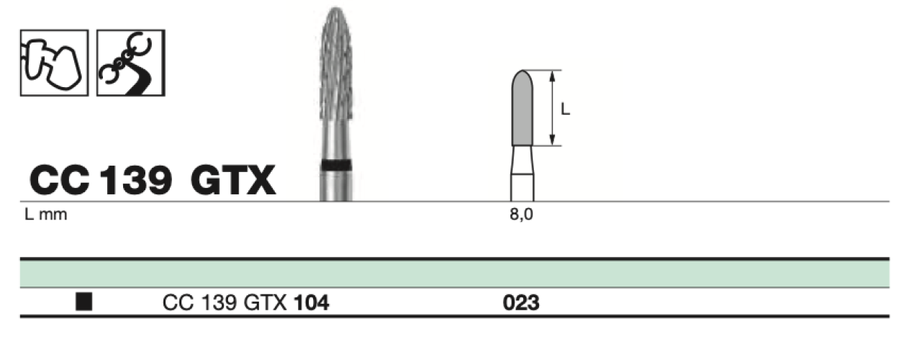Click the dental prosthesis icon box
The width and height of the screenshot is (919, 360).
(54, 63)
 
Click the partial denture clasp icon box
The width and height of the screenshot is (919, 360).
(131, 63)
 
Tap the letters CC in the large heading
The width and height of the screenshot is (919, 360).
(60, 180)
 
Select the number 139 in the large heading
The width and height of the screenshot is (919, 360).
(136, 180)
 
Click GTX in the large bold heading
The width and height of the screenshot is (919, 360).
(233, 180)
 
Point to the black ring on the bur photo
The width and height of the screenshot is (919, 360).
(336, 165)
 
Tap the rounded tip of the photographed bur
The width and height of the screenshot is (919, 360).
(336, 9)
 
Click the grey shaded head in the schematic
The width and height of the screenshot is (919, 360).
(522, 109)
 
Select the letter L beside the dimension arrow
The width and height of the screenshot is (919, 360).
(566, 109)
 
